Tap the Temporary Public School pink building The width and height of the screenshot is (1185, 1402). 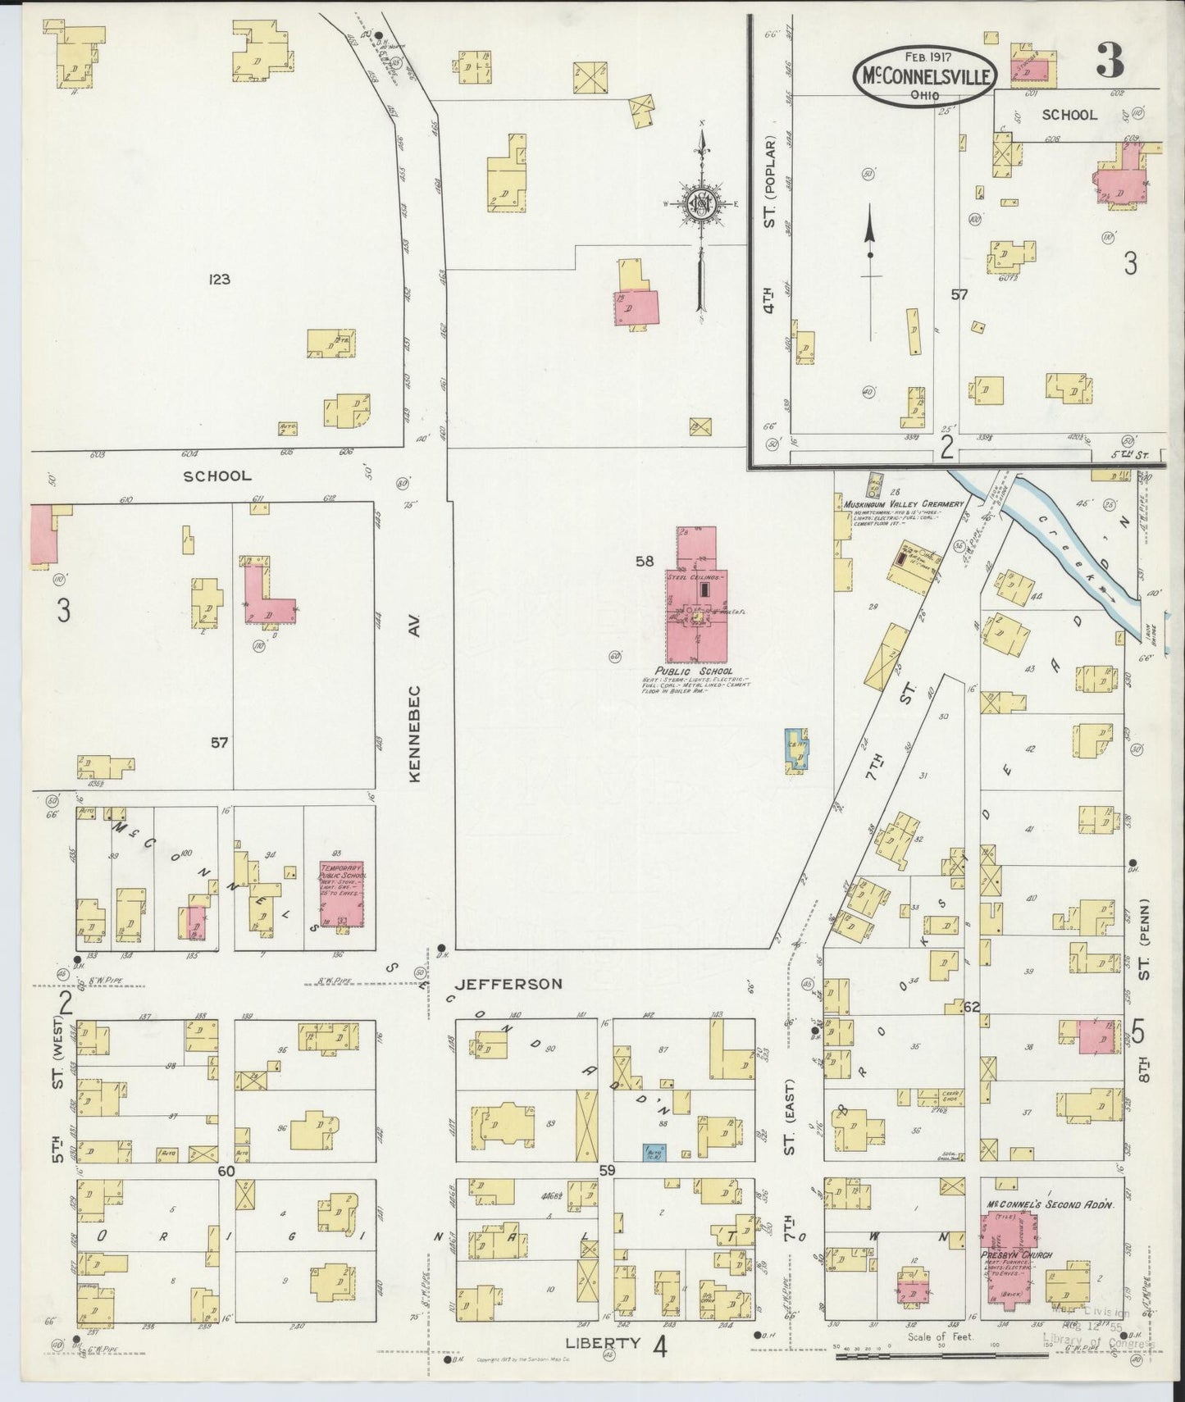[341, 895]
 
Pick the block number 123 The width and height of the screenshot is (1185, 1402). [219, 280]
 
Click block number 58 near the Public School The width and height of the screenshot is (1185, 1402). [645, 562]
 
